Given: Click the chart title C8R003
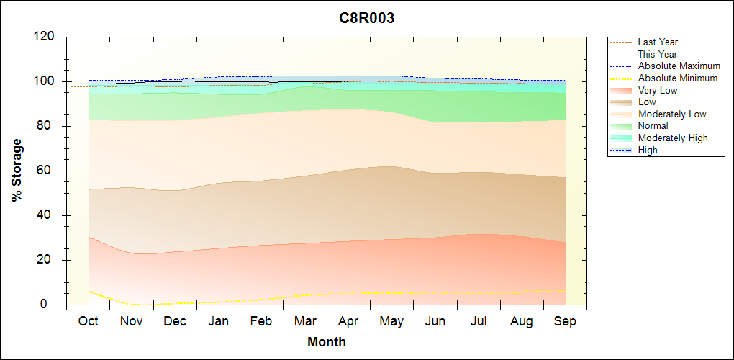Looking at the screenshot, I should click(367, 19).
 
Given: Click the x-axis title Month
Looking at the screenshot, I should click(327, 342).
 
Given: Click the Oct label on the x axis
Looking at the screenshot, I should click(88, 321).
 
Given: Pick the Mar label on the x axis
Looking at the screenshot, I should click(304, 321).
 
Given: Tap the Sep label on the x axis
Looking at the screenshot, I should click(565, 321).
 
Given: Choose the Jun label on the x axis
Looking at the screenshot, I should click(435, 321).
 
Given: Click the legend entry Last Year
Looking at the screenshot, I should click(658, 42).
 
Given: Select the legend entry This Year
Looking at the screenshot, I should click(658, 55).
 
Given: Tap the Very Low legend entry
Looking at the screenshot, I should click(658, 91).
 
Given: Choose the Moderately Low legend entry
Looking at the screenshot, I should click(672, 114).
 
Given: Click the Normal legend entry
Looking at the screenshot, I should click(653, 126).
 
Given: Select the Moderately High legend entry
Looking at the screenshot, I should click(673, 138).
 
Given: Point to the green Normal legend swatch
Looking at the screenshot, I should click(621, 126).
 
